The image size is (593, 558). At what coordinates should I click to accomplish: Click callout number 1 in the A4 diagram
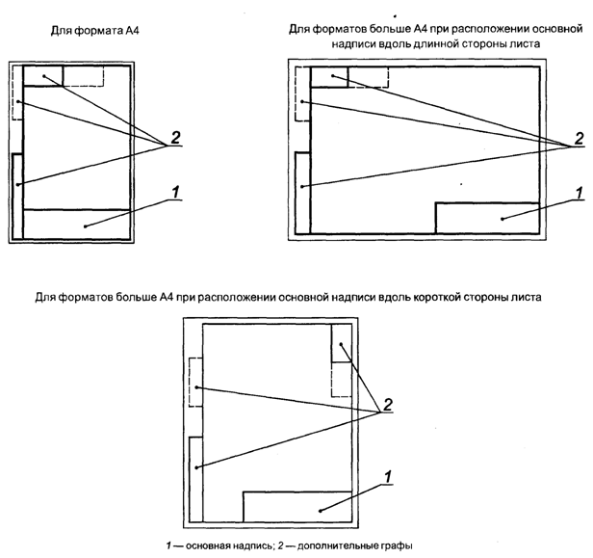click(x=175, y=193)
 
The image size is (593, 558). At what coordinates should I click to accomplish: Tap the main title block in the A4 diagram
click(x=76, y=224)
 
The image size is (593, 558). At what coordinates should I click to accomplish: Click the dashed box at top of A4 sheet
click(x=84, y=76)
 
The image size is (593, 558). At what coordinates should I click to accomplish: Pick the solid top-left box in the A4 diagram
click(x=42, y=76)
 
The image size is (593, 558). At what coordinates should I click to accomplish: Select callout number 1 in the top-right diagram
click(x=578, y=193)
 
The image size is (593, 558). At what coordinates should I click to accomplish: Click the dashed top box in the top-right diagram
click(x=367, y=77)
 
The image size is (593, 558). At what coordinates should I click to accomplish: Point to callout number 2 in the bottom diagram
click(x=388, y=403)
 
